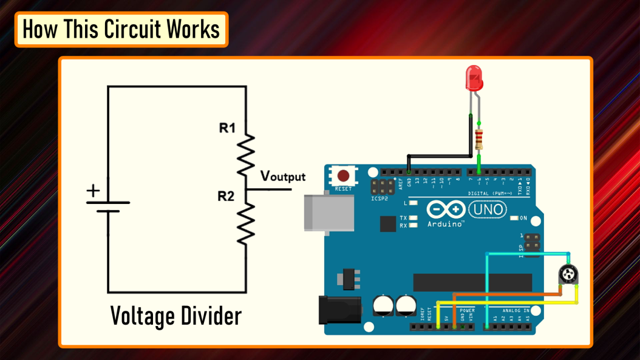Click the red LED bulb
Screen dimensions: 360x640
[x=474, y=78]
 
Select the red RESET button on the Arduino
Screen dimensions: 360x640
[x=343, y=176]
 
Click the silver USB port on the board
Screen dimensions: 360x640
[x=329, y=213]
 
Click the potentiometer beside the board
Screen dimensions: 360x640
[x=568, y=275]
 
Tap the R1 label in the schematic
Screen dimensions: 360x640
[x=227, y=128]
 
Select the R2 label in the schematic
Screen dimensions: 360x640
[x=226, y=196]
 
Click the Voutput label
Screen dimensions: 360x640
[x=282, y=176]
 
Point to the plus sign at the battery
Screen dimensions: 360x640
[x=93, y=191]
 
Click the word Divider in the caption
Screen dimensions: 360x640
[x=209, y=316]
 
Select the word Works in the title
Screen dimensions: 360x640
[x=194, y=29]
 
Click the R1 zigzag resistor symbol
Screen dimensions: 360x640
[x=245, y=155]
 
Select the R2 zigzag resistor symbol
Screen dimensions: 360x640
[x=245, y=223]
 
